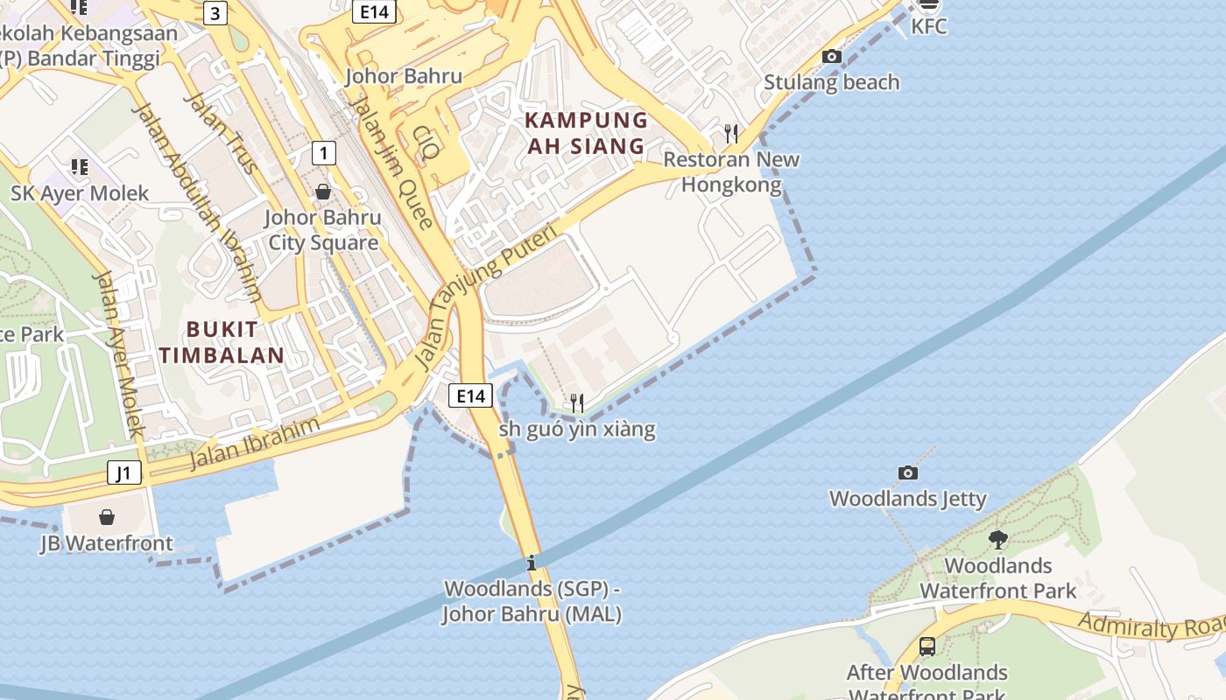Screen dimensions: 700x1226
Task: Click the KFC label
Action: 928,26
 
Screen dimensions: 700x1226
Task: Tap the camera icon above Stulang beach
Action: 831,57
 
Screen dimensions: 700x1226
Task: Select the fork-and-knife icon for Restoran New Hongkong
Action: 731,133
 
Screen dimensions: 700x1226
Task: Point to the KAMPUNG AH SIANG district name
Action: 587,132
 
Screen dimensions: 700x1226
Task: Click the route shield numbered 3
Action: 215,13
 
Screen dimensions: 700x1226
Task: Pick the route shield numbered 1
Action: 324,153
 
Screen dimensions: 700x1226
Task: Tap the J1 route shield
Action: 123,473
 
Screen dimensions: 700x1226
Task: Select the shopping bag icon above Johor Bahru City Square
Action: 323,191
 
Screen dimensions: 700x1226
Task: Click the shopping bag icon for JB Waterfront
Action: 107,517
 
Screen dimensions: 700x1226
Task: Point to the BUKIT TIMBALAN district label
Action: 235,342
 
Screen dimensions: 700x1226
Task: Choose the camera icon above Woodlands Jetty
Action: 908,472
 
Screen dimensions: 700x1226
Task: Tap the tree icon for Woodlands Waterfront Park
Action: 997,539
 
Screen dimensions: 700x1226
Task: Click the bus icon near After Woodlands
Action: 927,647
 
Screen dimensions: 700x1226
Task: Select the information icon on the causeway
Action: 531,562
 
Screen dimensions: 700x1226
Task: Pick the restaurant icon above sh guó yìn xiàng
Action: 576,402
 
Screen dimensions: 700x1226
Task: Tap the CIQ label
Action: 426,143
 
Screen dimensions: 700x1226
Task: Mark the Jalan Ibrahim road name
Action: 255,443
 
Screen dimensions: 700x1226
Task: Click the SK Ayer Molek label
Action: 80,192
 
